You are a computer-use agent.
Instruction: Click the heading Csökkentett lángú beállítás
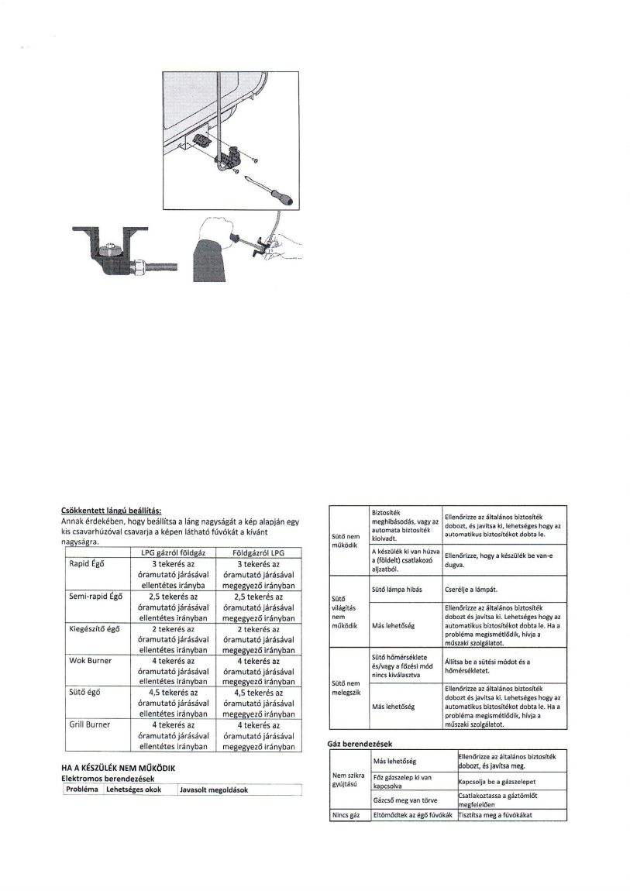[111, 510]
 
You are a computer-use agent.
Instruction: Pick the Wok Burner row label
[91, 661]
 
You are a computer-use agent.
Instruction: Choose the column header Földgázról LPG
[256, 552]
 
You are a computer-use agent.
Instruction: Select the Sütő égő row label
[84, 693]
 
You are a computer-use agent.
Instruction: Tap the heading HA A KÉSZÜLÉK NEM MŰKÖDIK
[120, 767]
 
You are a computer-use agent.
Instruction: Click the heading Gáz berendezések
[363, 744]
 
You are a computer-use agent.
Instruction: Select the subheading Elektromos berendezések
[108, 778]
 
